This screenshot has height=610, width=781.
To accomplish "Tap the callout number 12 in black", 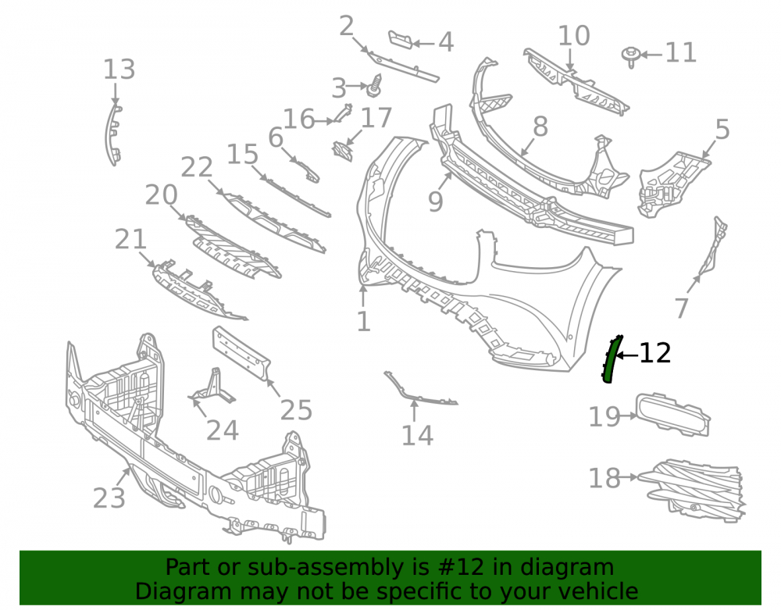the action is (654, 353).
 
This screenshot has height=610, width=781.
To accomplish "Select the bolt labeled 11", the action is (631, 56).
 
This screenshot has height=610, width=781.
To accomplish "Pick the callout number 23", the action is (109, 498).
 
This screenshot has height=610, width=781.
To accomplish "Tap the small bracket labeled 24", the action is (213, 388).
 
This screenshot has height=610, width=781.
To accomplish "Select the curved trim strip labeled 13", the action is (112, 134).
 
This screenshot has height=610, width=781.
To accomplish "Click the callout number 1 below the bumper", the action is (364, 321).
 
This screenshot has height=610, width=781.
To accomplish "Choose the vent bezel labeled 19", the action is (672, 415).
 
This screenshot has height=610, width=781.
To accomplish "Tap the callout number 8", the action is (540, 127).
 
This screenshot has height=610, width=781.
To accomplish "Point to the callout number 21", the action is (130, 240).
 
